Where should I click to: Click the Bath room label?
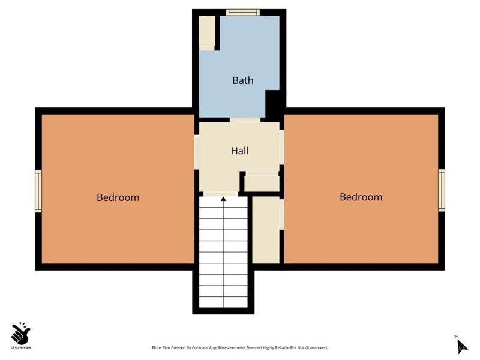243,80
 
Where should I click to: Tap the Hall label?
239,151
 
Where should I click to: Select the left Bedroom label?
118,197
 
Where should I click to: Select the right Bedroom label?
361,197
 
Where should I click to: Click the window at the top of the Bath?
243,13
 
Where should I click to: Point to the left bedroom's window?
38,191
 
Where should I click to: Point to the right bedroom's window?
441,190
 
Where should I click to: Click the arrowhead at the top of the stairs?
223,199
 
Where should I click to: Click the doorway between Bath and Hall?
245,120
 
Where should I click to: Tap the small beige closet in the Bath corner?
207,33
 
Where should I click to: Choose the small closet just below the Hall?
262,183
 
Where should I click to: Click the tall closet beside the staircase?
266,230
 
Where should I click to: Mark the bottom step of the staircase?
223,302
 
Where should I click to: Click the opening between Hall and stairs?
221,194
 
